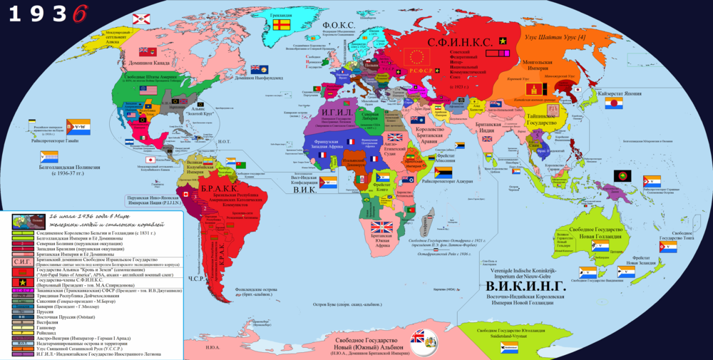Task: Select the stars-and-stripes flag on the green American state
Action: [x=147, y=91]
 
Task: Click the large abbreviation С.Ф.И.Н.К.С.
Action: [x=460, y=42]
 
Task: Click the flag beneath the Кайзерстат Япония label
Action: [x=614, y=104]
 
